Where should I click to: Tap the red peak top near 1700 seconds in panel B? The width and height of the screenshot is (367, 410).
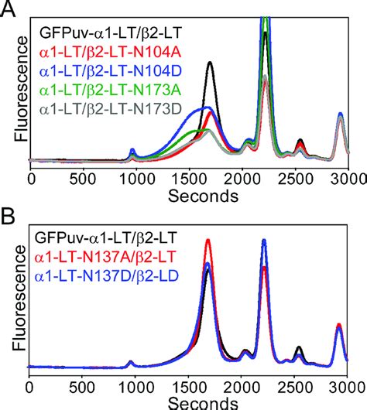pyautogui.click(x=208, y=240)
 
